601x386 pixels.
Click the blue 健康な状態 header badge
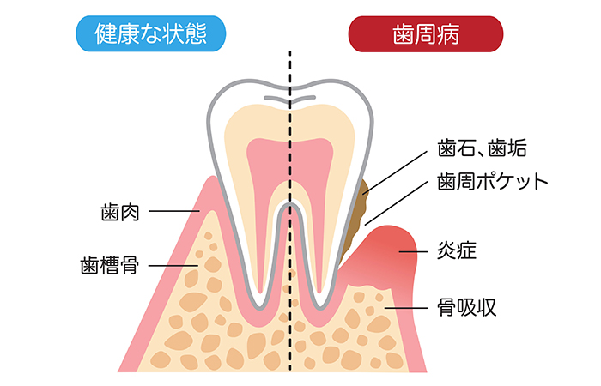coord(150,33)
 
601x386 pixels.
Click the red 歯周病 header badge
coord(426,34)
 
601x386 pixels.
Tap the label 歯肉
coord(120,213)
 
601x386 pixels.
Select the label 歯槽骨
coord(110,266)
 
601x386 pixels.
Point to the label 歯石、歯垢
coord(483,148)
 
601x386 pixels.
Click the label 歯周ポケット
coord(493,181)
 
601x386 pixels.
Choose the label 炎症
coord(457,250)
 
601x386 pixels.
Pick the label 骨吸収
coord(467,307)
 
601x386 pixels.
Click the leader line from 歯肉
coord(174,211)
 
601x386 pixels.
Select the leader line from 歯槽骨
coord(173,266)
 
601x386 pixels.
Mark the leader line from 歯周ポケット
coord(396,203)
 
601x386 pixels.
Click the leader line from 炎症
coord(413,251)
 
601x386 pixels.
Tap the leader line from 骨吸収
coord(406,307)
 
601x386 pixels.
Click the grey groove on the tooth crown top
coord(290,99)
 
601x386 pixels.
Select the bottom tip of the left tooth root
coord(261,307)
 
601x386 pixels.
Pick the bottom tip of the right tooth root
coord(321,307)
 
